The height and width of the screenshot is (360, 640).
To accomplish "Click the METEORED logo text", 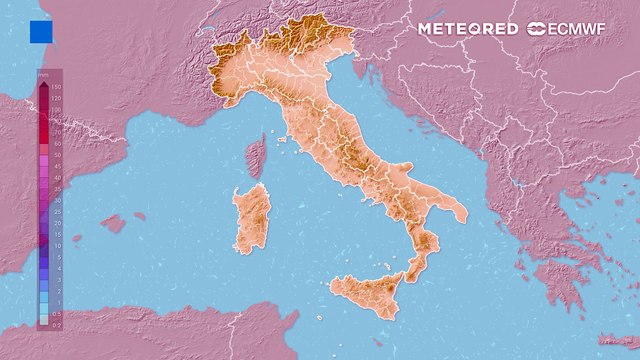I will (x=467, y=29).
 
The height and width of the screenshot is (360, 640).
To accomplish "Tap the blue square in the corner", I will (x=41, y=32).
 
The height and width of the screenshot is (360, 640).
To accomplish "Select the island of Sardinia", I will (x=252, y=218).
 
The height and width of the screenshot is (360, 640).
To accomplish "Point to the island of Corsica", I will (x=255, y=158).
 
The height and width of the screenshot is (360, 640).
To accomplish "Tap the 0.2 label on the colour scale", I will (x=57, y=324).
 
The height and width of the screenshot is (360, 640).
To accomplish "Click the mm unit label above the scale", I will (x=44, y=76).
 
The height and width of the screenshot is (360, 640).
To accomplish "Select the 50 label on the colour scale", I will (x=57, y=156).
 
